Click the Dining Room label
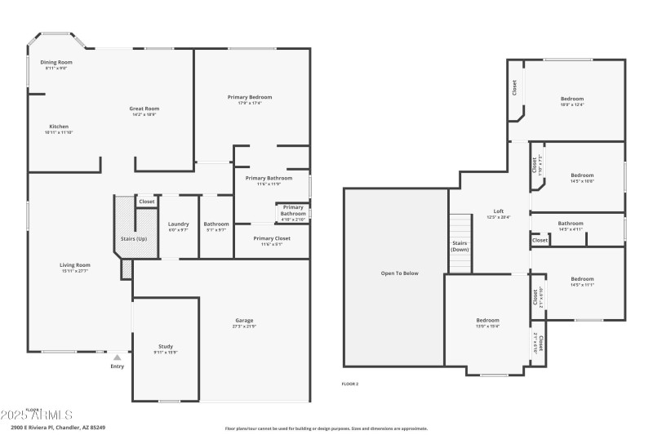pos(57,62)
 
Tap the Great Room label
pos(144,109)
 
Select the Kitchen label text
pos(59,127)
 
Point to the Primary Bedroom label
pos(249,97)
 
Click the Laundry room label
pos(178,224)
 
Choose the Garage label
pos(244,321)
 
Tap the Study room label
pos(166,347)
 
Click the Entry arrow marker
pos(118,357)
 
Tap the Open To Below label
pos(400,273)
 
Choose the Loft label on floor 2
pos(498,211)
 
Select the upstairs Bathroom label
pos(571,223)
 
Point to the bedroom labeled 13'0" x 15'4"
pos(487,321)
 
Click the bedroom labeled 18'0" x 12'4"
pos(571,99)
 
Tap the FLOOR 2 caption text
pos(349,383)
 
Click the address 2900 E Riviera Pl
pos(58,427)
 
